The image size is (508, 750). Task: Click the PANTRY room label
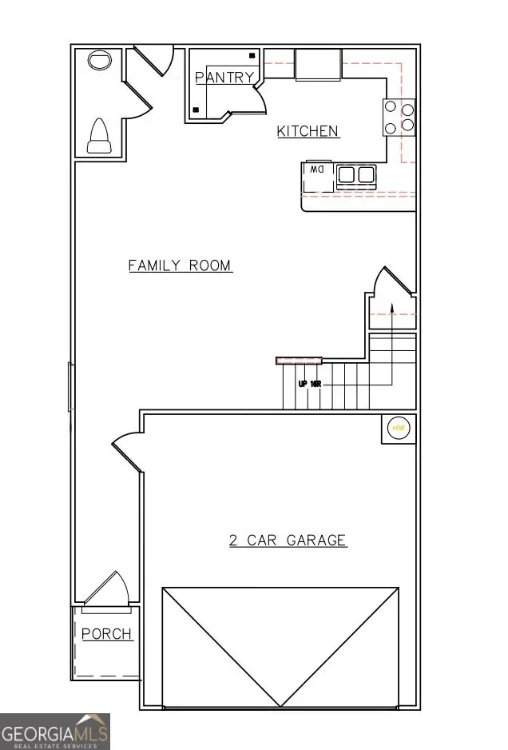(224, 78)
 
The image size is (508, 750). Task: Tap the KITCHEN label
(308, 131)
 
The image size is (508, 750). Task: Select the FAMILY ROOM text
(181, 265)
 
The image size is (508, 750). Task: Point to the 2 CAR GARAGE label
(288, 541)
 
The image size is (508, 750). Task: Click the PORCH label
(106, 634)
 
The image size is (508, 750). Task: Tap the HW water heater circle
(399, 429)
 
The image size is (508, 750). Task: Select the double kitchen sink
(356, 174)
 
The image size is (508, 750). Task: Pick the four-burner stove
(399, 116)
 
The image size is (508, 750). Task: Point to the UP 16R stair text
(309, 384)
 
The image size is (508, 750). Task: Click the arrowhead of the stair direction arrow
(391, 306)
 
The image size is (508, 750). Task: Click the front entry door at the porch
(106, 590)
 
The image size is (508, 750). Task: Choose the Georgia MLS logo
(54, 732)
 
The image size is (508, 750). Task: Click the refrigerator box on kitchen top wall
(319, 64)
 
